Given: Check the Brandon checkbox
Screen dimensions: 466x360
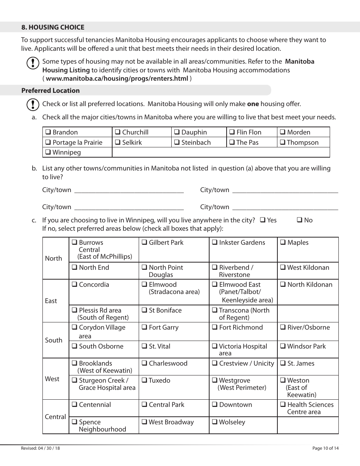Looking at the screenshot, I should click(48, 132).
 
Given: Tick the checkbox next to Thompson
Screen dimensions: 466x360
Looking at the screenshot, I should click(283, 142).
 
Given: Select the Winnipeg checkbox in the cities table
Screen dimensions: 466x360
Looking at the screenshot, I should click(48, 152).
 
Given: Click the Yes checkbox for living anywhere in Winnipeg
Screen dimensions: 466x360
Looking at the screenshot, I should click(263, 220).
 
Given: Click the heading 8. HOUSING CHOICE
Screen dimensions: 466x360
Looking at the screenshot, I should click(53, 27).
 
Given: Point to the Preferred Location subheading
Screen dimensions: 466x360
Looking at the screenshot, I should click(50, 91).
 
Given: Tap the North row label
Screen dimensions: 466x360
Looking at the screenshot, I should click(53, 258).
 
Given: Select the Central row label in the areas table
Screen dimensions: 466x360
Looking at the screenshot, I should click(55, 417).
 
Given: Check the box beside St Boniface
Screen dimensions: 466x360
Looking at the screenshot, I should click(144, 310).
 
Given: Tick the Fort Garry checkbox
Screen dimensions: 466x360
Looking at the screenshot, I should click(144, 327).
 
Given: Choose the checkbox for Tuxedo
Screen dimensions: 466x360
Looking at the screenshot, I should click(144, 380).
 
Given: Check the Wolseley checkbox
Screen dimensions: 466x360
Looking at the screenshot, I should click(214, 422).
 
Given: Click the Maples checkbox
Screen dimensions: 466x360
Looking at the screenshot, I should click(283, 242).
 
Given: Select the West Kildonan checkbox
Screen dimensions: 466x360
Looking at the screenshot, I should click(283, 267).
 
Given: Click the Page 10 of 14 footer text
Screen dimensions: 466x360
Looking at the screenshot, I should click(326, 448).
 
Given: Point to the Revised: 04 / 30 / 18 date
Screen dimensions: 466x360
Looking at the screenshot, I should click(41, 448).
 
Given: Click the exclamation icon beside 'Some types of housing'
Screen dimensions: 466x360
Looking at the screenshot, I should click(33, 63).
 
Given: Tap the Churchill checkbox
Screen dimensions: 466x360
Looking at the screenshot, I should click(118, 132).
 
